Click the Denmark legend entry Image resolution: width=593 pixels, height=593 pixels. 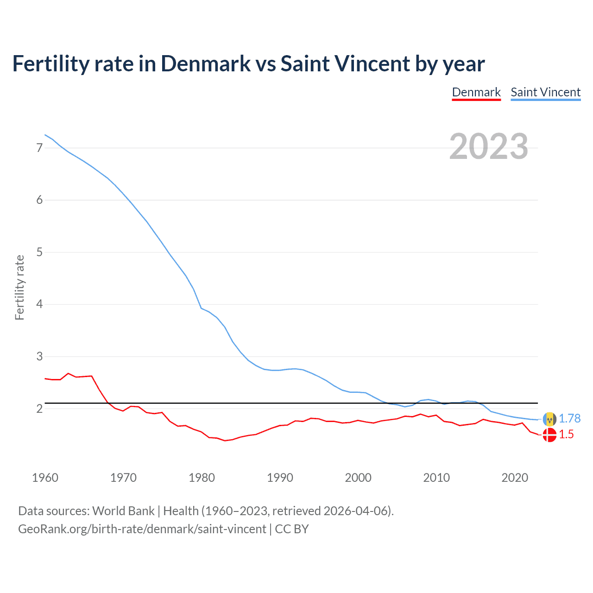point(476,92)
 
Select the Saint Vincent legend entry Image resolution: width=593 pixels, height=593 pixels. point(545,92)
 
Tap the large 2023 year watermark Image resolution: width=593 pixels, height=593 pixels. point(488,146)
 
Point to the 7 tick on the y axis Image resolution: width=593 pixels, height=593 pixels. point(39,148)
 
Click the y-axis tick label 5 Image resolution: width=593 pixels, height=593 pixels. point(39,252)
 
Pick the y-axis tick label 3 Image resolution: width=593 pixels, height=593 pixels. point(39,356)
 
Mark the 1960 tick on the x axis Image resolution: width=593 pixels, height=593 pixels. point(45,478)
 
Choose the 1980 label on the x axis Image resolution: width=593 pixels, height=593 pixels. point(202,478)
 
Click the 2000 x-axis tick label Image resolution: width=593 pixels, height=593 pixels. point(358,478)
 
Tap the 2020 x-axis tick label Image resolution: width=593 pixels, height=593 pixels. point(515,478)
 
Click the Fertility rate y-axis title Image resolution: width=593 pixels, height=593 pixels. point(19,287)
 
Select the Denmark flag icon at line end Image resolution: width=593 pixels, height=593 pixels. point(549,435)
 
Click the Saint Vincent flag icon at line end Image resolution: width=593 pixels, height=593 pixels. point(549,419)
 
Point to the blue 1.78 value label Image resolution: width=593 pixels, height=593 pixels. point(569,418)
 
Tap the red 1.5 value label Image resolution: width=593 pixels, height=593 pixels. point(566,435)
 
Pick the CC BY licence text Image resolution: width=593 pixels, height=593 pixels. point(292,529)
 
